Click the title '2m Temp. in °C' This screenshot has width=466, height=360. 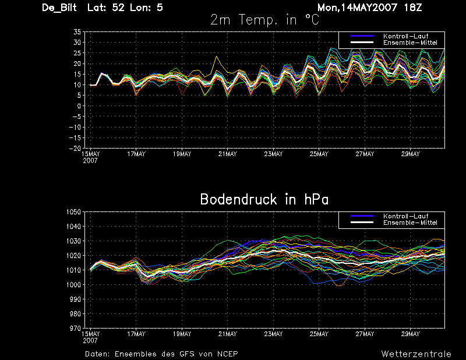[265, 20]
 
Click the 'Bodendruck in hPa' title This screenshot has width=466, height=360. [264, 199]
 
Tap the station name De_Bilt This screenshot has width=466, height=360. [59, 8]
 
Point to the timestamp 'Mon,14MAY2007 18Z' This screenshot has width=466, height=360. [370, 8]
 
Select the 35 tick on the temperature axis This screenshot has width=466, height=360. [77, 32]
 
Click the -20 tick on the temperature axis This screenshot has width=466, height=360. [75, 148]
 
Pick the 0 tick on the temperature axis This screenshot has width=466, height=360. [79, 106]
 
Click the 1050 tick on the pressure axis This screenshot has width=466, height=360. [74, 212]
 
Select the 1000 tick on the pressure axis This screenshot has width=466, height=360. [74, 284]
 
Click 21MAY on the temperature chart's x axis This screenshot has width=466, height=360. [228, 154]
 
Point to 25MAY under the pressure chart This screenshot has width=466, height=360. [319, 334]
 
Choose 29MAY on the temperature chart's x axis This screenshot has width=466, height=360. [411, 154]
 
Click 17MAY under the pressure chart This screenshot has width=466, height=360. [136, 334]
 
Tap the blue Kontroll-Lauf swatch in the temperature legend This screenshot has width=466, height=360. [362, 36]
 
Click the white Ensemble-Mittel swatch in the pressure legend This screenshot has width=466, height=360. [362, 223]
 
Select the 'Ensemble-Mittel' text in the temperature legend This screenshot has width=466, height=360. [410, 43]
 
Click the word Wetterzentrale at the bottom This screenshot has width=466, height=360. [416, 354]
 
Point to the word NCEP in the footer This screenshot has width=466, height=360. [227, 354]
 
